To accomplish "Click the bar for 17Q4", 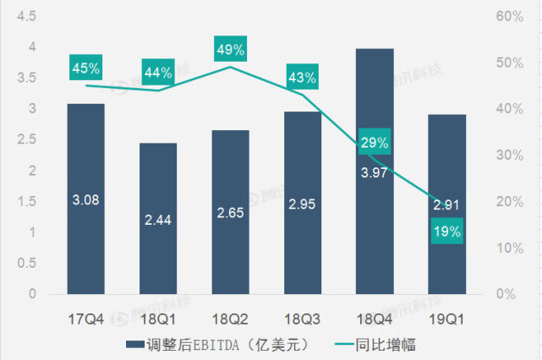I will click(85, 199).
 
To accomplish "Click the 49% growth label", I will click(230, 50).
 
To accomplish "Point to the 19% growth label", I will click(446, 231).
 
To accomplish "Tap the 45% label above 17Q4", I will click(85, 67).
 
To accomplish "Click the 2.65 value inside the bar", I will click(230, 212).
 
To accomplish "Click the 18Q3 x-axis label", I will click(302, 319).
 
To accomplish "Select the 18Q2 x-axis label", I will click(230, 319).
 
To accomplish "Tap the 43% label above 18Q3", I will click(302, 78).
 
